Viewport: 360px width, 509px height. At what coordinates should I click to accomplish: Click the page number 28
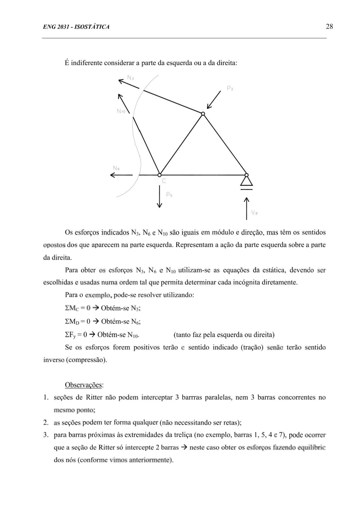click(329, 27)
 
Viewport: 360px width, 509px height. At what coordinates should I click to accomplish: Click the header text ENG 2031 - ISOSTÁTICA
click(76, 27)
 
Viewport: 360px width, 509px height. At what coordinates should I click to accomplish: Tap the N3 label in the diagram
click(130, 78)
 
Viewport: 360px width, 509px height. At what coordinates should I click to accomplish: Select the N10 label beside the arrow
click(121, 111)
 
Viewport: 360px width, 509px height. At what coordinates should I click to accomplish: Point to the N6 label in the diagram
click(116, 168)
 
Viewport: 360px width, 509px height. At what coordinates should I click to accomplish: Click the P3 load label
click(230, 89)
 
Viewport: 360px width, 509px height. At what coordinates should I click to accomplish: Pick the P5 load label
click(169, 194)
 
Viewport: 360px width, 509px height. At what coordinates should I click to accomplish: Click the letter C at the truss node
click(164, 181)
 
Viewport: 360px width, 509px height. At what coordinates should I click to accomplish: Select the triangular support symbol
click(246, 181)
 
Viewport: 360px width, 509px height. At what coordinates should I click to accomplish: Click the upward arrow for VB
click(246, 208)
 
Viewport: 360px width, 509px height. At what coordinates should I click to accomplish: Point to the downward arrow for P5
click(159, 197)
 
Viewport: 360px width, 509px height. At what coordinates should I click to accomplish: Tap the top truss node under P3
click(203, 114)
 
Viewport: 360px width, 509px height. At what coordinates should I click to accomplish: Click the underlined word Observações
click(84, 385)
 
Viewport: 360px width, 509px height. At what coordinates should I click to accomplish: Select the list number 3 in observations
click(46, 435)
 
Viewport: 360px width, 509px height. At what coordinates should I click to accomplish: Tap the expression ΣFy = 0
click(76, 335)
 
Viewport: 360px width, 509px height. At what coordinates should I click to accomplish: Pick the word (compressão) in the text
click(86, 360)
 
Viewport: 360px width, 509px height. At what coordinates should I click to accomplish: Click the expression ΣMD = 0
click(78, 321)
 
